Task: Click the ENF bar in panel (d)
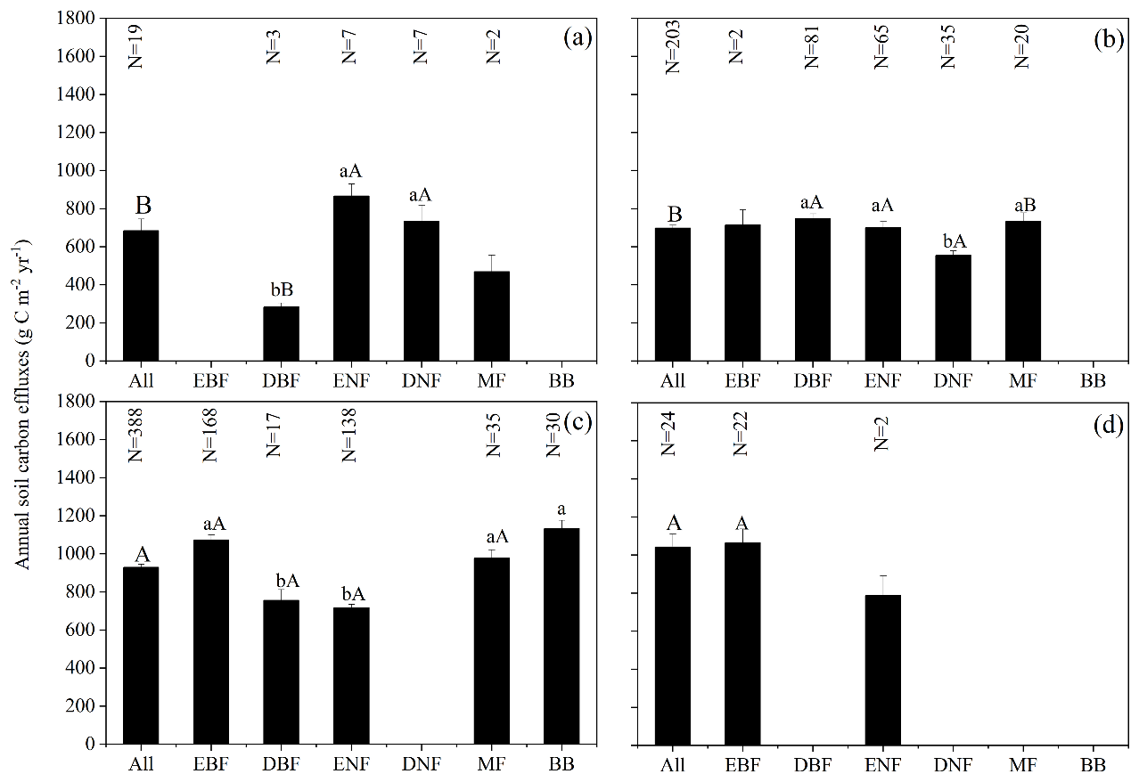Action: [x=882, y=669]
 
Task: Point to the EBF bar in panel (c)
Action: [x=210, y=641]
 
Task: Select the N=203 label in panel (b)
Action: [x=673, y=47]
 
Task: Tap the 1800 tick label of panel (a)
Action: [x=77, y=18]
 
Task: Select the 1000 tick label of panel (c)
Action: [x=77, y=554]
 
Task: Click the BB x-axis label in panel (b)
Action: [x=1093, y=382]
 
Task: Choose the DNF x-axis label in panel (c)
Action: [x=421, y=765]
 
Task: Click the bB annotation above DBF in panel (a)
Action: [x=281, y=289]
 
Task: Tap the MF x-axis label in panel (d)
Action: [x=1023, y=765]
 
